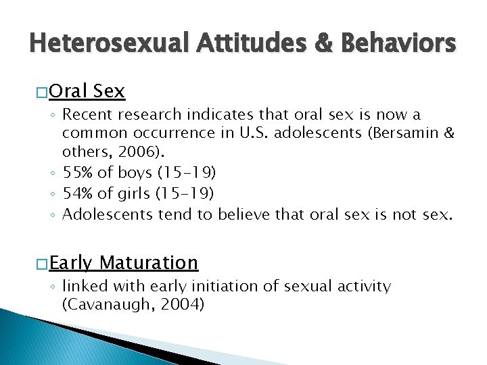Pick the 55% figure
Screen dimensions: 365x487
coord(76,172)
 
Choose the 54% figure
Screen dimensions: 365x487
coord(76,194)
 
